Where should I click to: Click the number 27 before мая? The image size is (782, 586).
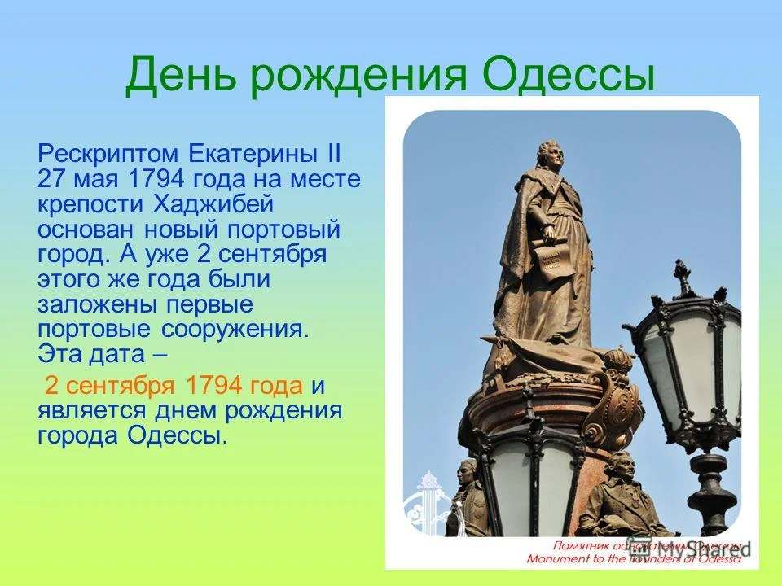(x=51, y=179)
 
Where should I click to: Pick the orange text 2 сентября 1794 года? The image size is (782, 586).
(x=174, y=384)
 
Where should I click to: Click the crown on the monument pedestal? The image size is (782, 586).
(x=617, y=359)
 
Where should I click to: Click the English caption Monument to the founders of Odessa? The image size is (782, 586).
(x=634, y=559)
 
